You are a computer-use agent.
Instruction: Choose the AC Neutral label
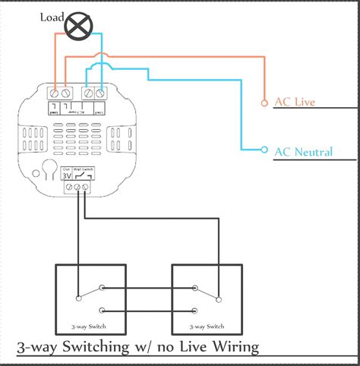pos(303,152)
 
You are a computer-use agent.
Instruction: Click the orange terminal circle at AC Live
pos(264,102)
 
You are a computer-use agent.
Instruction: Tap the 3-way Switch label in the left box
pos(92,325)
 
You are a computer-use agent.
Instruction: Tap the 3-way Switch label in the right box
pos(208,325)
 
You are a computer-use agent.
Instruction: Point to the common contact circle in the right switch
pos(219,298)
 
